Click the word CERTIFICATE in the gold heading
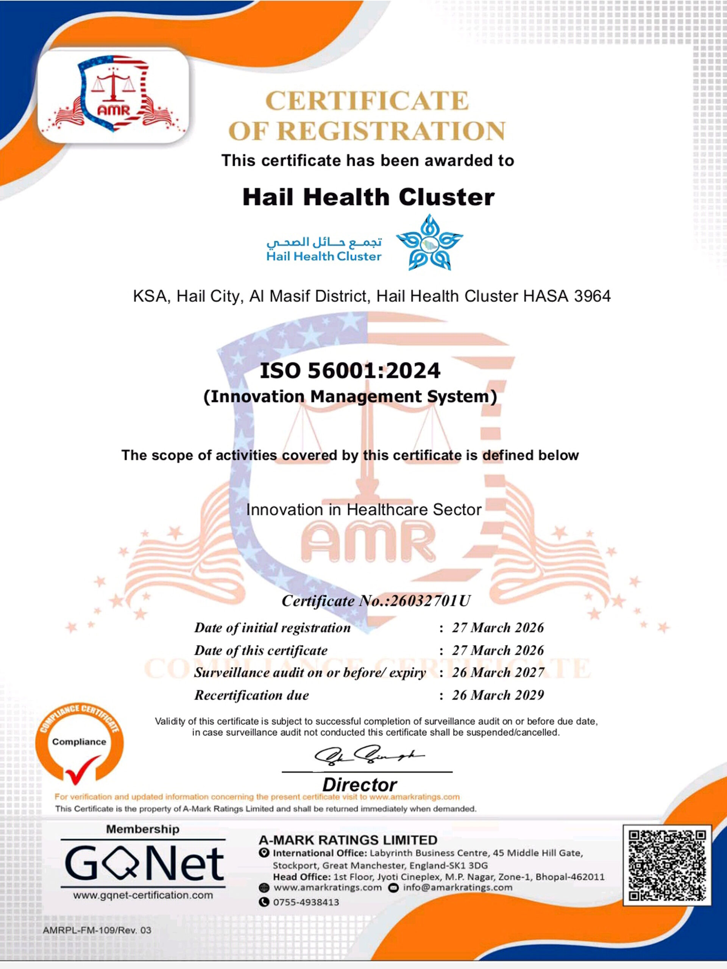(367, 101)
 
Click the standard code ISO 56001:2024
(350, 371)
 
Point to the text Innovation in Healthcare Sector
(364, 509)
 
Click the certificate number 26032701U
(429, 601)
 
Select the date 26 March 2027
(498, 672)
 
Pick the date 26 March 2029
(498, 695)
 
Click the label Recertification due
(251, 695)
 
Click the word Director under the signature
(359, 784)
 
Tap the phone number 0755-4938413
(306, 902)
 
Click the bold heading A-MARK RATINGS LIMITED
(348, 840)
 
